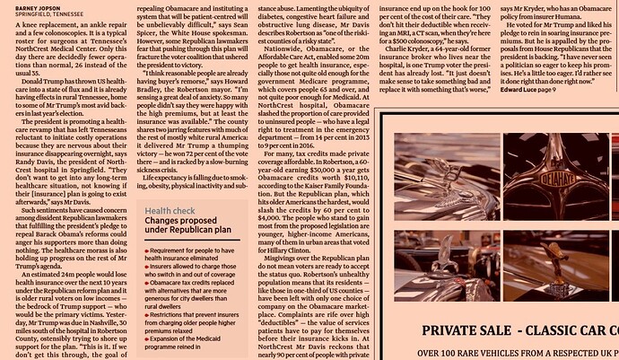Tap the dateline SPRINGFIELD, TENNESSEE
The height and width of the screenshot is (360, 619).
click(41, 14)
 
